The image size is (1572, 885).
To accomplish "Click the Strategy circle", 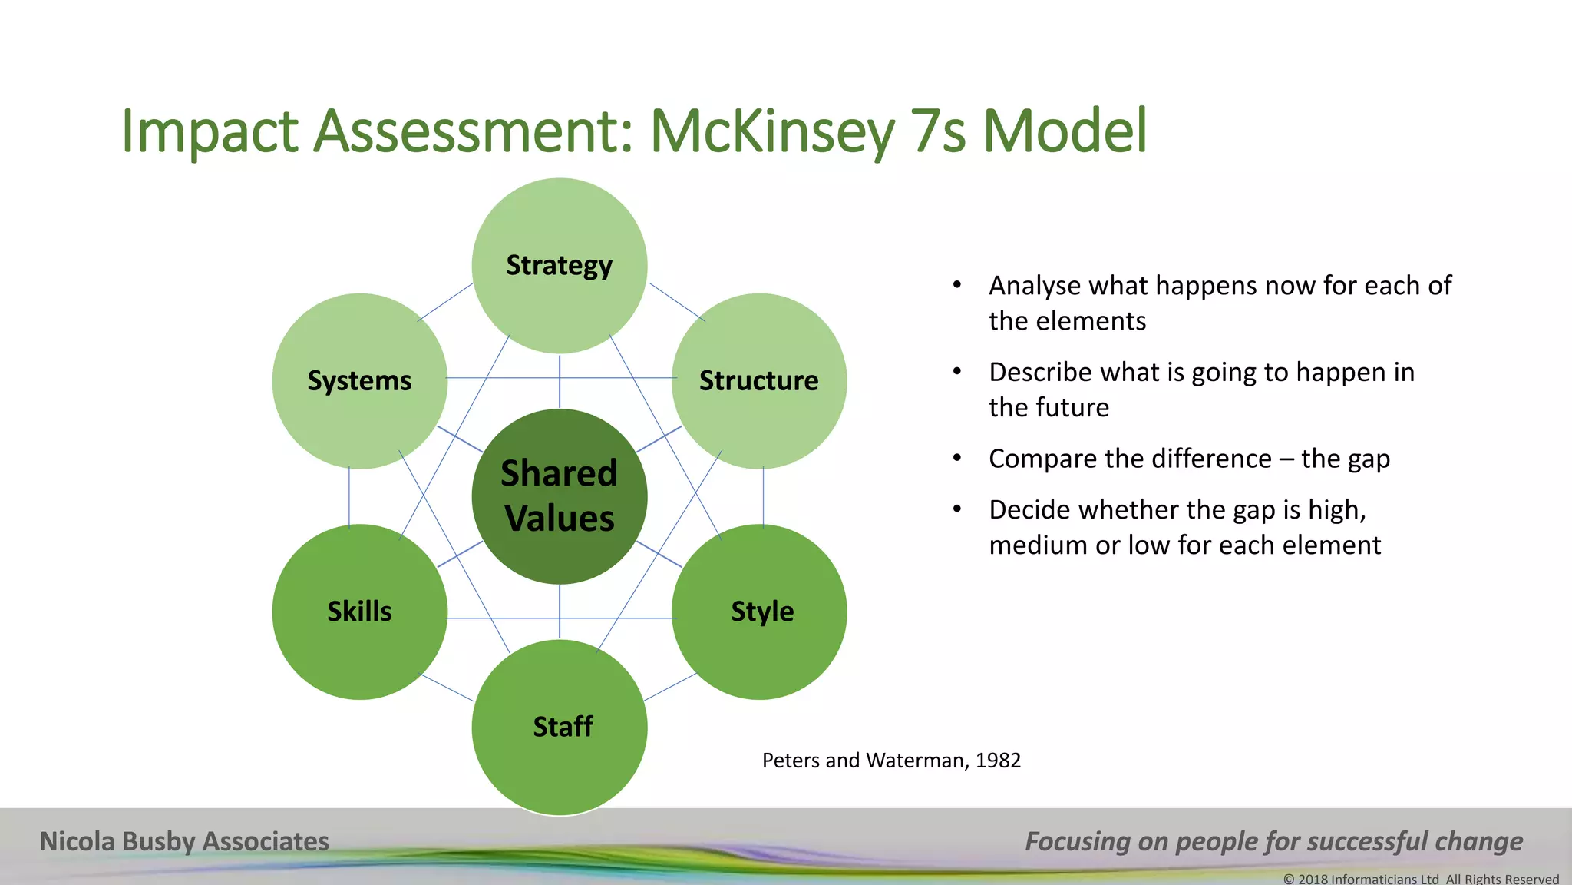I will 559,266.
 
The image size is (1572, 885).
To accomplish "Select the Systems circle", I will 359,381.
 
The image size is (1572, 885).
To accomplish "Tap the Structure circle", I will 758,381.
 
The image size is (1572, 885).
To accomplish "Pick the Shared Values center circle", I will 559,496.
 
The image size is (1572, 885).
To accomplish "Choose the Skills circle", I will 359,612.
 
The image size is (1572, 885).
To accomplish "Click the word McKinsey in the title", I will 771,132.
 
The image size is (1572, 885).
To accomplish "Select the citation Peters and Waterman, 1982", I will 891,761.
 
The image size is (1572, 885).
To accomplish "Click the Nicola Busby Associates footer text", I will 184,841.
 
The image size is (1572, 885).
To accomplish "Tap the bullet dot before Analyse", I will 956,285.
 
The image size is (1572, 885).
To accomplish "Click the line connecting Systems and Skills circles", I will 349,496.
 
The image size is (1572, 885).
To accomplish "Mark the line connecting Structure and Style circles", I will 763,496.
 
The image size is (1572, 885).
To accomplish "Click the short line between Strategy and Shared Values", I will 560,382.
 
